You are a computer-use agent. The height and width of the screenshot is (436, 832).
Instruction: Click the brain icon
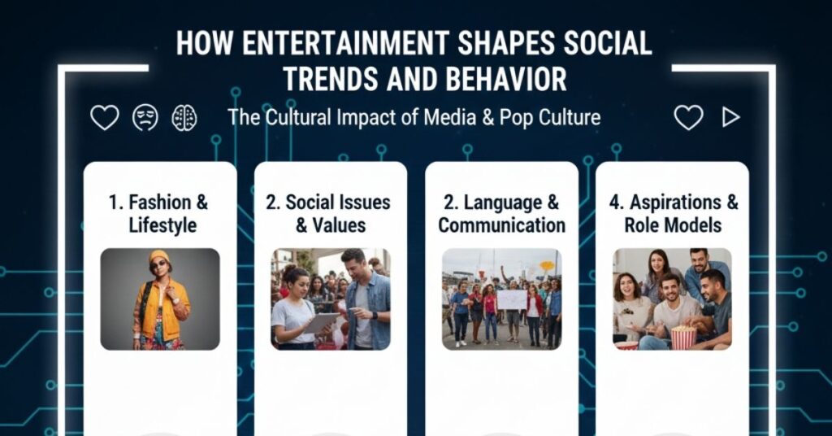[184, 118]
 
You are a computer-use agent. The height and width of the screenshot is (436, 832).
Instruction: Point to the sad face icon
[145, 118]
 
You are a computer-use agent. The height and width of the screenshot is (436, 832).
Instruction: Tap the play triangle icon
[730, 118]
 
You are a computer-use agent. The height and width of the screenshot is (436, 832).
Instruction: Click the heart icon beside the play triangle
[688, 118]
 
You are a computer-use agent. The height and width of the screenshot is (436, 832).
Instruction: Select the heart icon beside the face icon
[104, 118]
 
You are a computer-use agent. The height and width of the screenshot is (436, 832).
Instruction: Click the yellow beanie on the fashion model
[159, 256]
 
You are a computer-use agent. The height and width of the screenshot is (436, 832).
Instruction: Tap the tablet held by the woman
[321, 322]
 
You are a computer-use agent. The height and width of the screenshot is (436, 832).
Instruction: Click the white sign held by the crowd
[512, 299]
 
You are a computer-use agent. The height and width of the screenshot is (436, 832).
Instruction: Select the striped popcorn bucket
[682, 336]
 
